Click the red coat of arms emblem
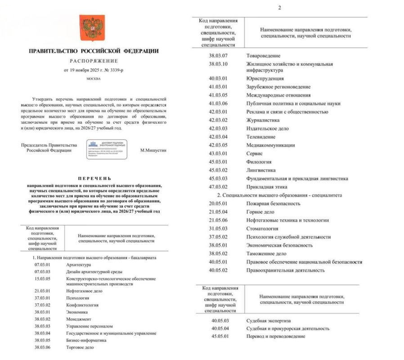pyautogui.click(x=92, y=27)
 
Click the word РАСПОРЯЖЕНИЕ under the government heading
pyautogui.click(x=94, y=61)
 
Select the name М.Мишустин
pyautogui.click(x=153, y=150)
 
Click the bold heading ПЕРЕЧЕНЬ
pyautogui.click(x=94, y=179)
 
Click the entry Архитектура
pyautogui.click(x=78, y=265)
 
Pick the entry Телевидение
pyautogui.click(x=260, y=137)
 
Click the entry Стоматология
pyautogui.click(x=263, y=229)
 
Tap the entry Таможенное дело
pyautogui.click(x=266, y=253)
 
